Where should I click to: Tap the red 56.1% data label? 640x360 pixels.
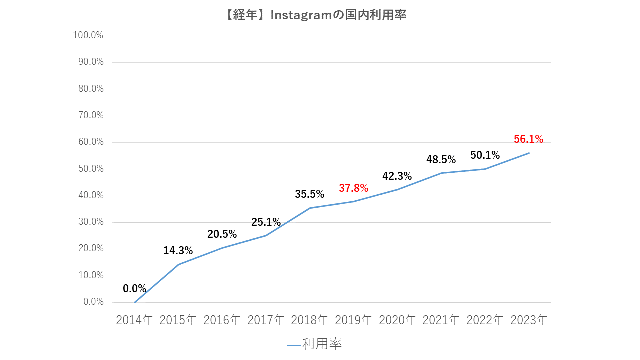[x=528, y=139]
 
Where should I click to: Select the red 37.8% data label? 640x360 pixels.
[x=353, y=188]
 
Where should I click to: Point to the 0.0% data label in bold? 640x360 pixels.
[x=135, y=289]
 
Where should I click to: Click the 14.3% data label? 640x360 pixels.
[x=178, y=251]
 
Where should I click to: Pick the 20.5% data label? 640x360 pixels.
[x=222, y=234]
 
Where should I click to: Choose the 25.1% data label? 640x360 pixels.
[x=266, y=222]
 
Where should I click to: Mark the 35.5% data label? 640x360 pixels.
[x=309, y=194]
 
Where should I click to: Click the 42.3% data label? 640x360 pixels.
[x=397, y=176]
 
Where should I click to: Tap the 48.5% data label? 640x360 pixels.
[x=441, y=160]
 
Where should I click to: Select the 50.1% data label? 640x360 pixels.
[x=485, y=155]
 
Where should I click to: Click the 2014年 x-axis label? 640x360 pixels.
[x=134, y=320]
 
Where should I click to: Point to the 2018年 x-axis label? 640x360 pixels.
[x=309, y=320]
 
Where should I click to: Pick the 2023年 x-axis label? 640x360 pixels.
[x=529, y=320]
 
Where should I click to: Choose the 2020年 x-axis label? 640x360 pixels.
[x=397, y=320]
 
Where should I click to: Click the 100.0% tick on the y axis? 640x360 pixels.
[x=88, y=36]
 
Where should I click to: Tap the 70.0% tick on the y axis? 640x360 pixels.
[x=89, y=115]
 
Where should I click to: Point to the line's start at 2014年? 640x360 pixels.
[x=135, y=302]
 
